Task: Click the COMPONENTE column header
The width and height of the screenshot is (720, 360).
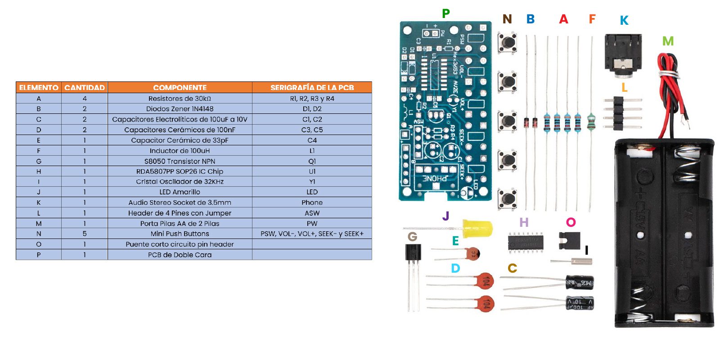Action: pyautogui.click(x=180, y=87)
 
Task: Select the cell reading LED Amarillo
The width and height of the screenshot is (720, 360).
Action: pyautogui.click(x=180, y=192)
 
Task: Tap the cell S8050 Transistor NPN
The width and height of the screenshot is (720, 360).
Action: pyautogui.click(x=180, y=161)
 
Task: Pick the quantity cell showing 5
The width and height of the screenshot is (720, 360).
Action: pyautogui.click(x=85, y=234)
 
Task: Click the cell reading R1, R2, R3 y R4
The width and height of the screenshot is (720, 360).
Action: pyautogui.click(x=312, y=99)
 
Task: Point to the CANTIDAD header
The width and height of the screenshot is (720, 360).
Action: pyautogui.click(x=85, y=87)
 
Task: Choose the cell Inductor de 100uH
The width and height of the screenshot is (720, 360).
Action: pyautogui.click(x=180, y=151)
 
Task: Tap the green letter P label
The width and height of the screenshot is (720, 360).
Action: pyautogui.click(x=445, y=13)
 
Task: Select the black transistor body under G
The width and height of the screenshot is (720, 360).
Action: pyautogui.click(x=413, y=252)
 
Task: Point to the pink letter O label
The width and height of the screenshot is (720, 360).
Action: pyautogui.click(x=571, y=222)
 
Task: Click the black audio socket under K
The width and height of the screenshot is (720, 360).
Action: pyautogui.click(x=623, y=54)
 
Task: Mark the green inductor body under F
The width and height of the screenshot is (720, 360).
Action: pyautogui.click(x=591, y=121)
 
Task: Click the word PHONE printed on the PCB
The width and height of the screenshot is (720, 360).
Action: pyautogui.click(x=434, y=179)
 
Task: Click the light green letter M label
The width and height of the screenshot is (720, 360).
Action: pyautogui.click(x=668, y=41)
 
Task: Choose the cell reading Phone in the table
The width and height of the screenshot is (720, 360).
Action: pyautogui.click(x=312, y=202)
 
